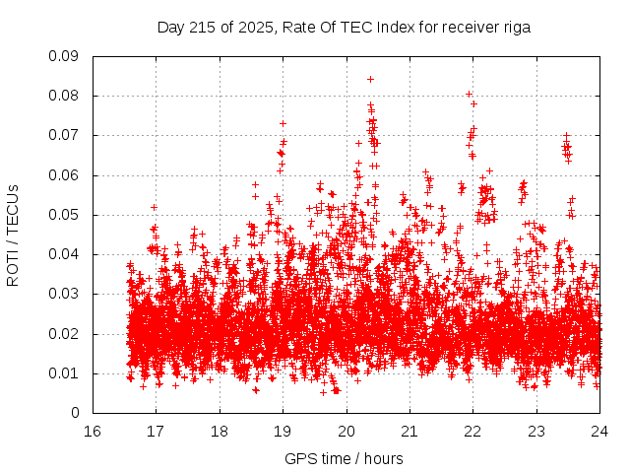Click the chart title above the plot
tap(344, 28)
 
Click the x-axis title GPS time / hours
tap(346, 458)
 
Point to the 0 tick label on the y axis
tap(75, 413)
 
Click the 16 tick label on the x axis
tap(93, 431)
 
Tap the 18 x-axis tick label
tap(220, 431)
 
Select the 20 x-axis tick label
tap(346, 431)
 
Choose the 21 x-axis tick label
tap(409, 431)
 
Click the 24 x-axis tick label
tap(599, 431)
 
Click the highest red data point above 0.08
tap(370, 79)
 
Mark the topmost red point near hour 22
tap(469, 95)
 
